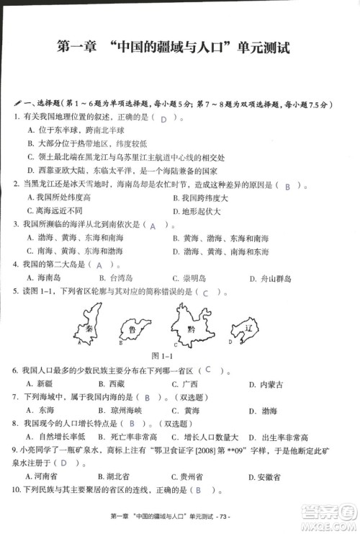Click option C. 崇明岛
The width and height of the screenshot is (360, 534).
[191, 278]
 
